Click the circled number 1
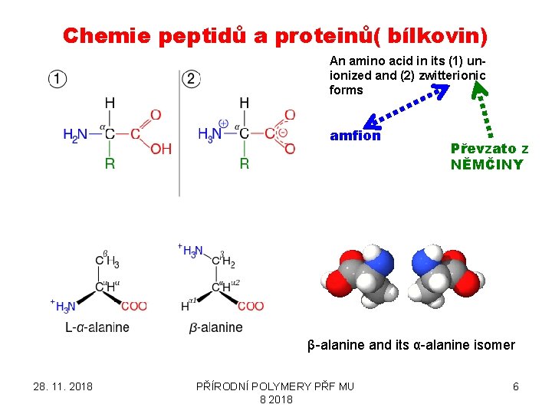click(x=57, y=78)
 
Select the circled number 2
click(x=192, y=78)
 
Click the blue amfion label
click(x=355, y=136)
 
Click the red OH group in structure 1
click(x=161, y=149)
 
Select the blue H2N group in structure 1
click(x=76, y=135)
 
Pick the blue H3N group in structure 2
click(x=210, y=134)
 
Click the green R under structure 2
click(x=244, y=163)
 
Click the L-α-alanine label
click(x=97, y=327)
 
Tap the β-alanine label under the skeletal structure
click(x=215, y=327)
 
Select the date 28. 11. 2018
click(x=63, y=386)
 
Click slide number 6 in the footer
click(x=515, y=386)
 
